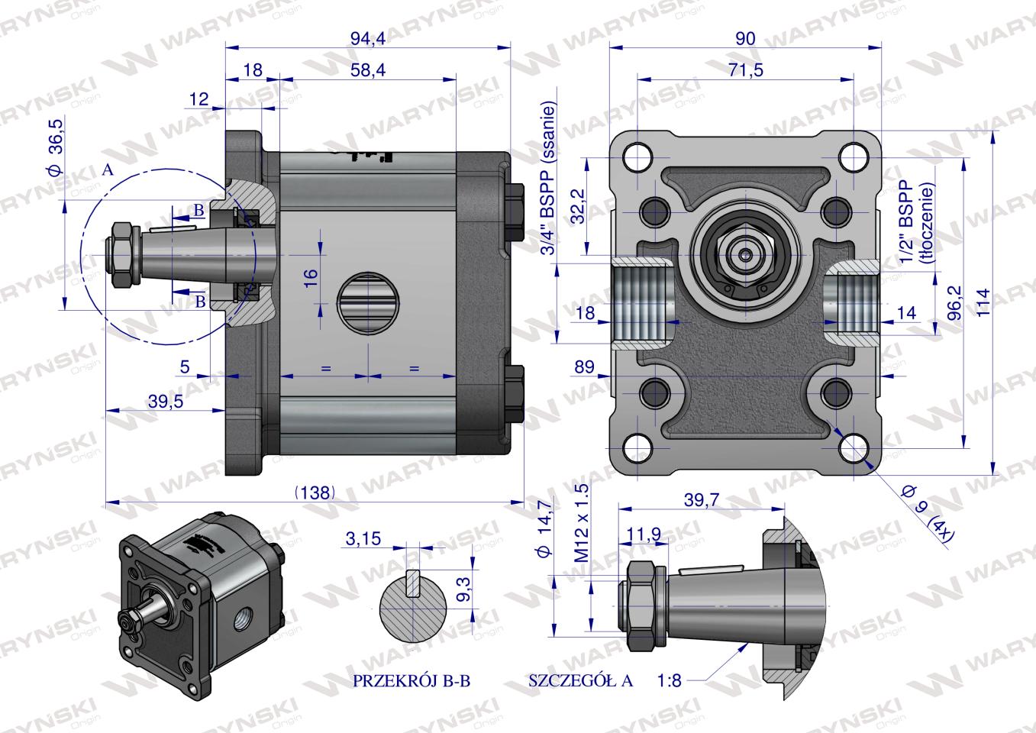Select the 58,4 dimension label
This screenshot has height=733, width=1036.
[x=367, y=70]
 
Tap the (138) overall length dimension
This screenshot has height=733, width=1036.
[x=315, y=492]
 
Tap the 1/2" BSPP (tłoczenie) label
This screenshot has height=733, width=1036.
[x=916, y=221]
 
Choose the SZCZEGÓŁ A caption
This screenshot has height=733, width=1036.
[x=580, y=681]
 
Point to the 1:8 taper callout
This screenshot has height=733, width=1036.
[x=668, y=680]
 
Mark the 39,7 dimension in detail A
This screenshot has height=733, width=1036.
[x=701, y=499]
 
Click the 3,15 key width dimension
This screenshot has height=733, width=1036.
[x=363, y=540]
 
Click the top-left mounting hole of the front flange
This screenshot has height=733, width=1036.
[x=637, y=158]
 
